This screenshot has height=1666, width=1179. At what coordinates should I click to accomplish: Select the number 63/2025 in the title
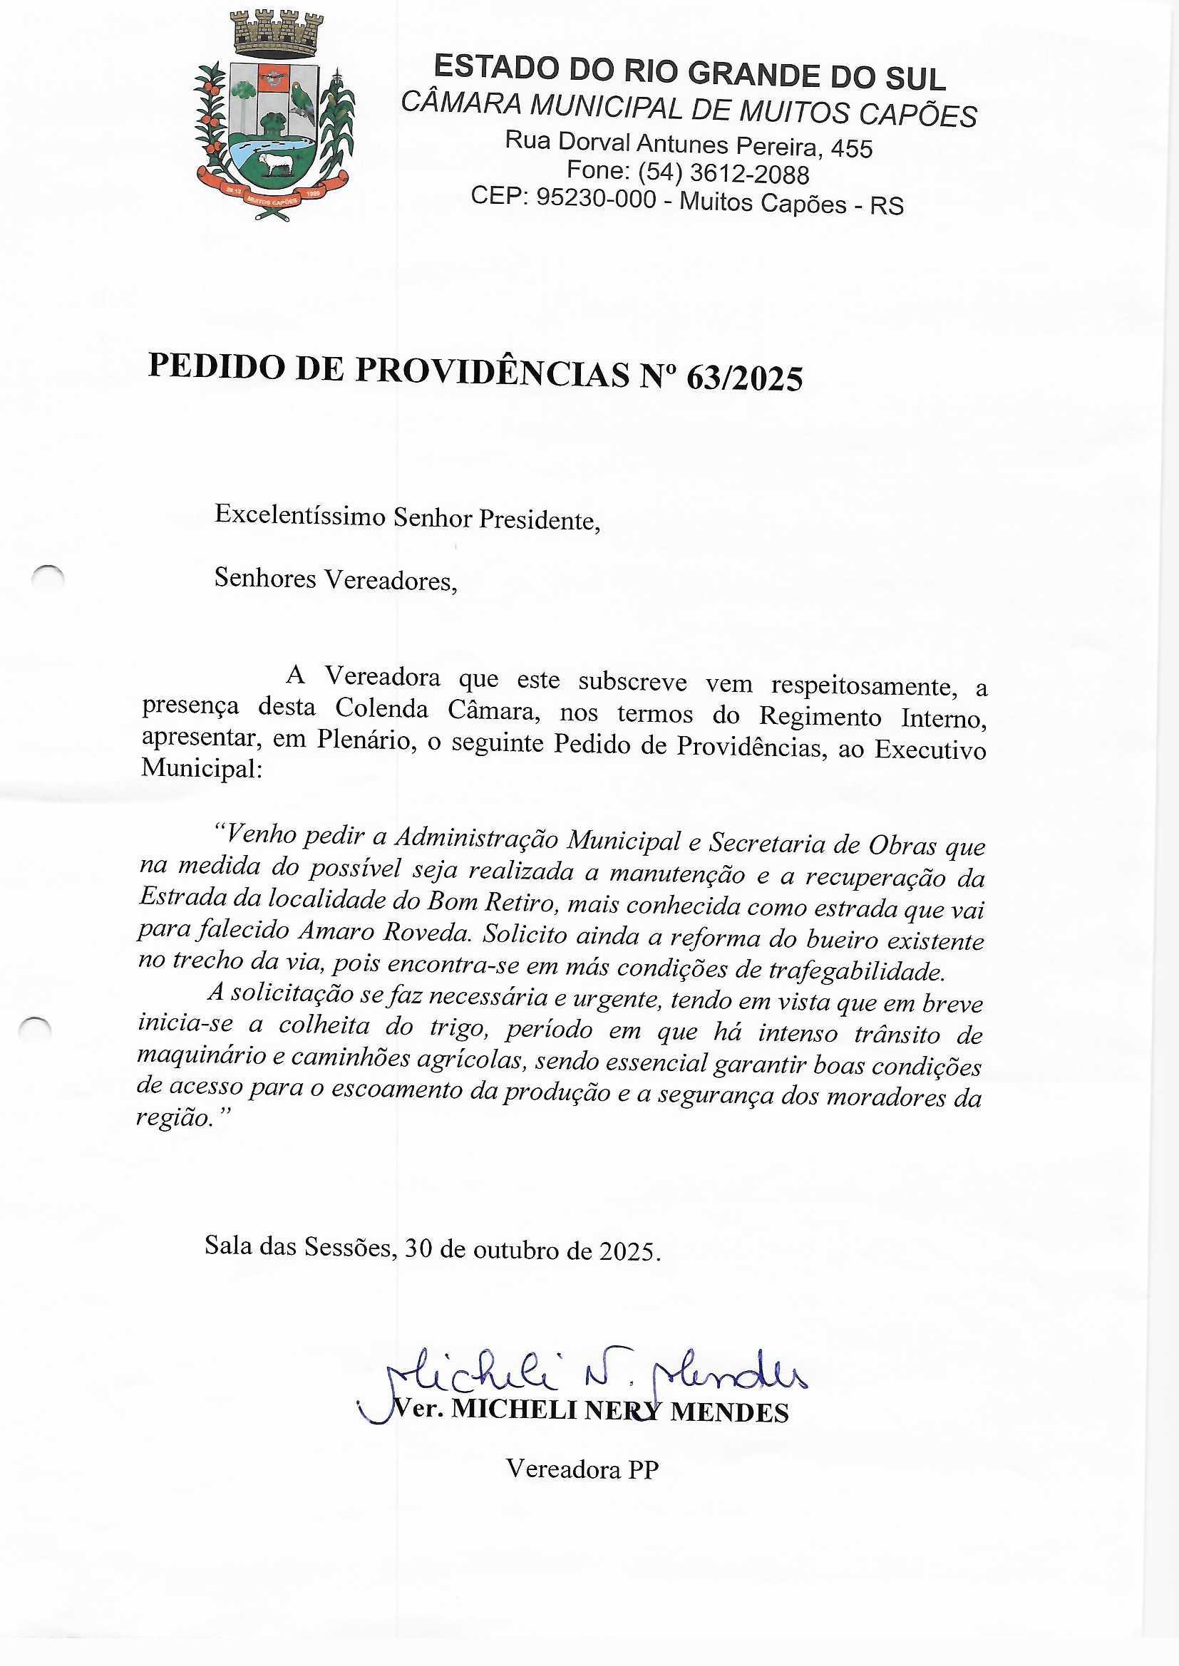point(744,378)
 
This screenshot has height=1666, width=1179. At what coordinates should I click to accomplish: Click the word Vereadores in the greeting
point(390,580)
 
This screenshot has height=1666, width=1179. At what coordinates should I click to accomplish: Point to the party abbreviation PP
point(643,1469)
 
